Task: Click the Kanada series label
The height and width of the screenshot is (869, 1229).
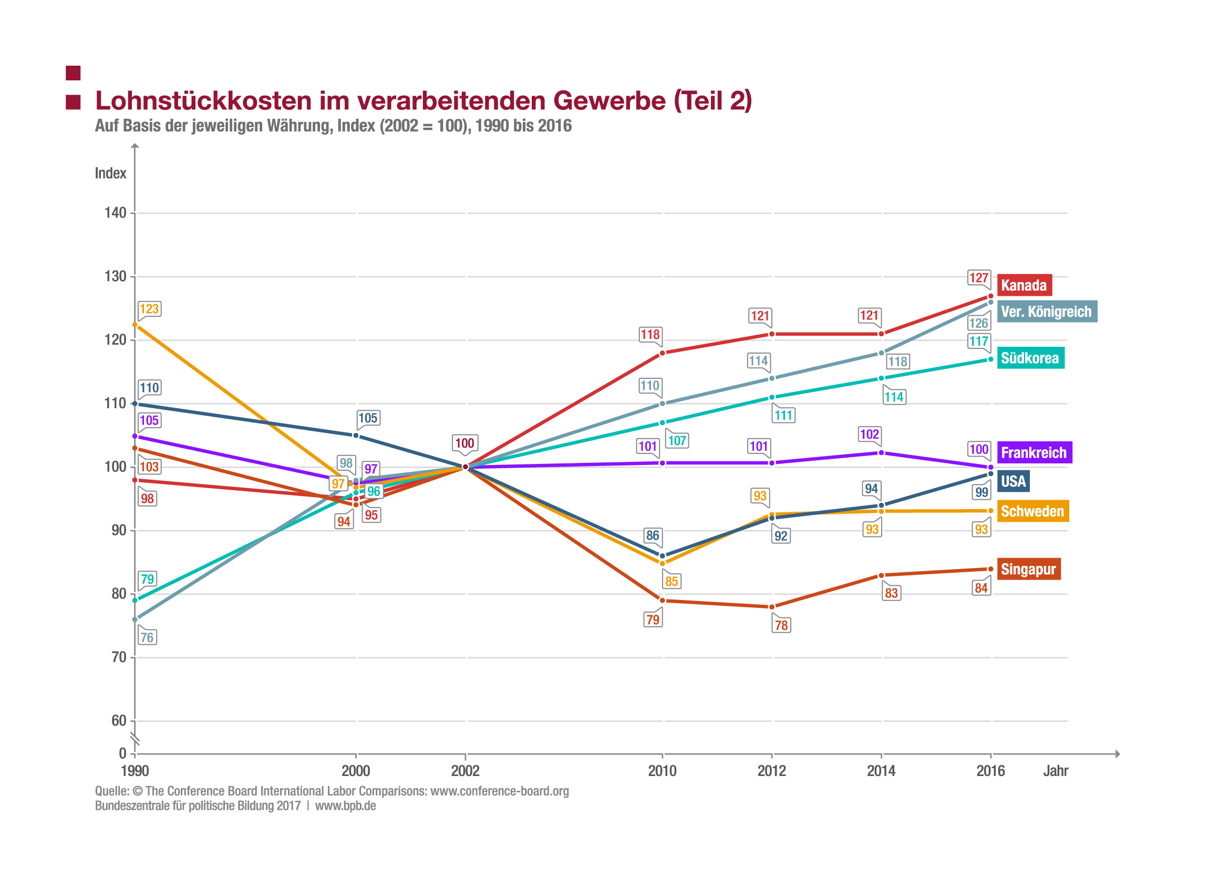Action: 1024,285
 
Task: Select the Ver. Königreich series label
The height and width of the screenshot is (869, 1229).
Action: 1046,312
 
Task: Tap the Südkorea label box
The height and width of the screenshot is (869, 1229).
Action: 1030,358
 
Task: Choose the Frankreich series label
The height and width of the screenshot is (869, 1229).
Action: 1034,453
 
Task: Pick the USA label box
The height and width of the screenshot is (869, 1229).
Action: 1013,481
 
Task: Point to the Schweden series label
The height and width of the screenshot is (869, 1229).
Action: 1032,511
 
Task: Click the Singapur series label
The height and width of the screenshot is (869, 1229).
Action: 1028,569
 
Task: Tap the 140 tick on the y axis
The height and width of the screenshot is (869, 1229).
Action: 115,213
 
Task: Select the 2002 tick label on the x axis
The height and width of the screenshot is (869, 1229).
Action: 465,771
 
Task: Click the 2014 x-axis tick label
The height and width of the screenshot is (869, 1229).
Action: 881,771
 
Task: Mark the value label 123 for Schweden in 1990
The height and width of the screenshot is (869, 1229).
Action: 149,309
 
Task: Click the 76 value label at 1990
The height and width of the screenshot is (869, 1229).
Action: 147,637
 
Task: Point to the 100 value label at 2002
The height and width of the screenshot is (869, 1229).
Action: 464,443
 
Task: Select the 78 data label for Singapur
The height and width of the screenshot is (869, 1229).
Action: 781,625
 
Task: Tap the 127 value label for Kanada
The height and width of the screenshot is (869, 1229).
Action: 979,278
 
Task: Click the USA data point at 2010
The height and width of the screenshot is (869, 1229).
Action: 663,556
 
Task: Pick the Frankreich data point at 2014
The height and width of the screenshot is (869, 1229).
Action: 881,453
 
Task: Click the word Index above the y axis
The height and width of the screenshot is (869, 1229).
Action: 110,173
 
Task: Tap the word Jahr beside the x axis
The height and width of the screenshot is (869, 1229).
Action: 1056,771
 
